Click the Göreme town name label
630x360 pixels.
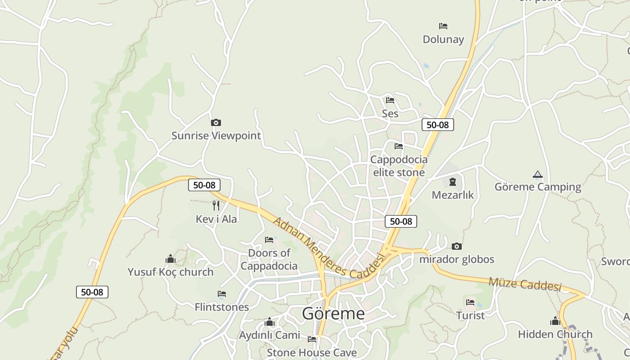(x=333, y=313)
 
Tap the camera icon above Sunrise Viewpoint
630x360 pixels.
(x=216, y=122)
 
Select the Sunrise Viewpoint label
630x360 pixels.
(x=216, y=135)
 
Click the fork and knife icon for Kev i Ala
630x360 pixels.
(x=216, y=206)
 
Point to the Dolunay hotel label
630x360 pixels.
(x=443, y=39)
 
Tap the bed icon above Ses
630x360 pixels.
(x=390, y=100)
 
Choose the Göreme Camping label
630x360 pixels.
(x=538, y=187)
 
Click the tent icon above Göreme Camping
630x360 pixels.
(x=537, y=174)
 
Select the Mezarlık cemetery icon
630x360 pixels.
(x=452, y=182)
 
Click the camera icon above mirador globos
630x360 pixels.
(x=457, y=246)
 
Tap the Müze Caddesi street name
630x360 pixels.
(x=525, y=284)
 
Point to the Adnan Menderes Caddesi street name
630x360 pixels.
(x=330, y=249)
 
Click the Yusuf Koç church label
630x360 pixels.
(x=171, y=272)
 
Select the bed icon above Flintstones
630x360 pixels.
(x=222, y=294)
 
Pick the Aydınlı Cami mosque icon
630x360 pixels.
(x=270, y=322)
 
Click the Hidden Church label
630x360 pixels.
(x=555, y=334)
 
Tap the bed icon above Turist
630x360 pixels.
(x=471, y=302)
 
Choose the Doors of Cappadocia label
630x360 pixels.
(x=269, y=259)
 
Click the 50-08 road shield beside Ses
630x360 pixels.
(x=437, y=125)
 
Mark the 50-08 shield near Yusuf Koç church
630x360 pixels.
(x=92, y=292)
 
